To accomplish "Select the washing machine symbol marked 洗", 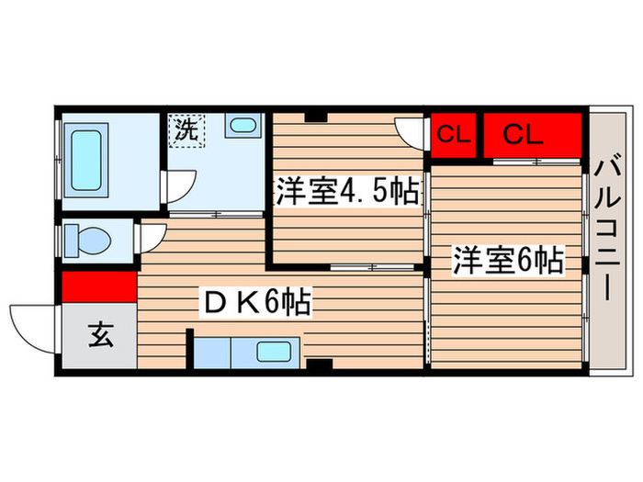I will point(186,129).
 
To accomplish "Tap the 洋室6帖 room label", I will point(505,262).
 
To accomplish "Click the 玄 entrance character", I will point(100,336).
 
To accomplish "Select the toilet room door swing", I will point(150,241).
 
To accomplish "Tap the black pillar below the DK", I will point(318,364).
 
